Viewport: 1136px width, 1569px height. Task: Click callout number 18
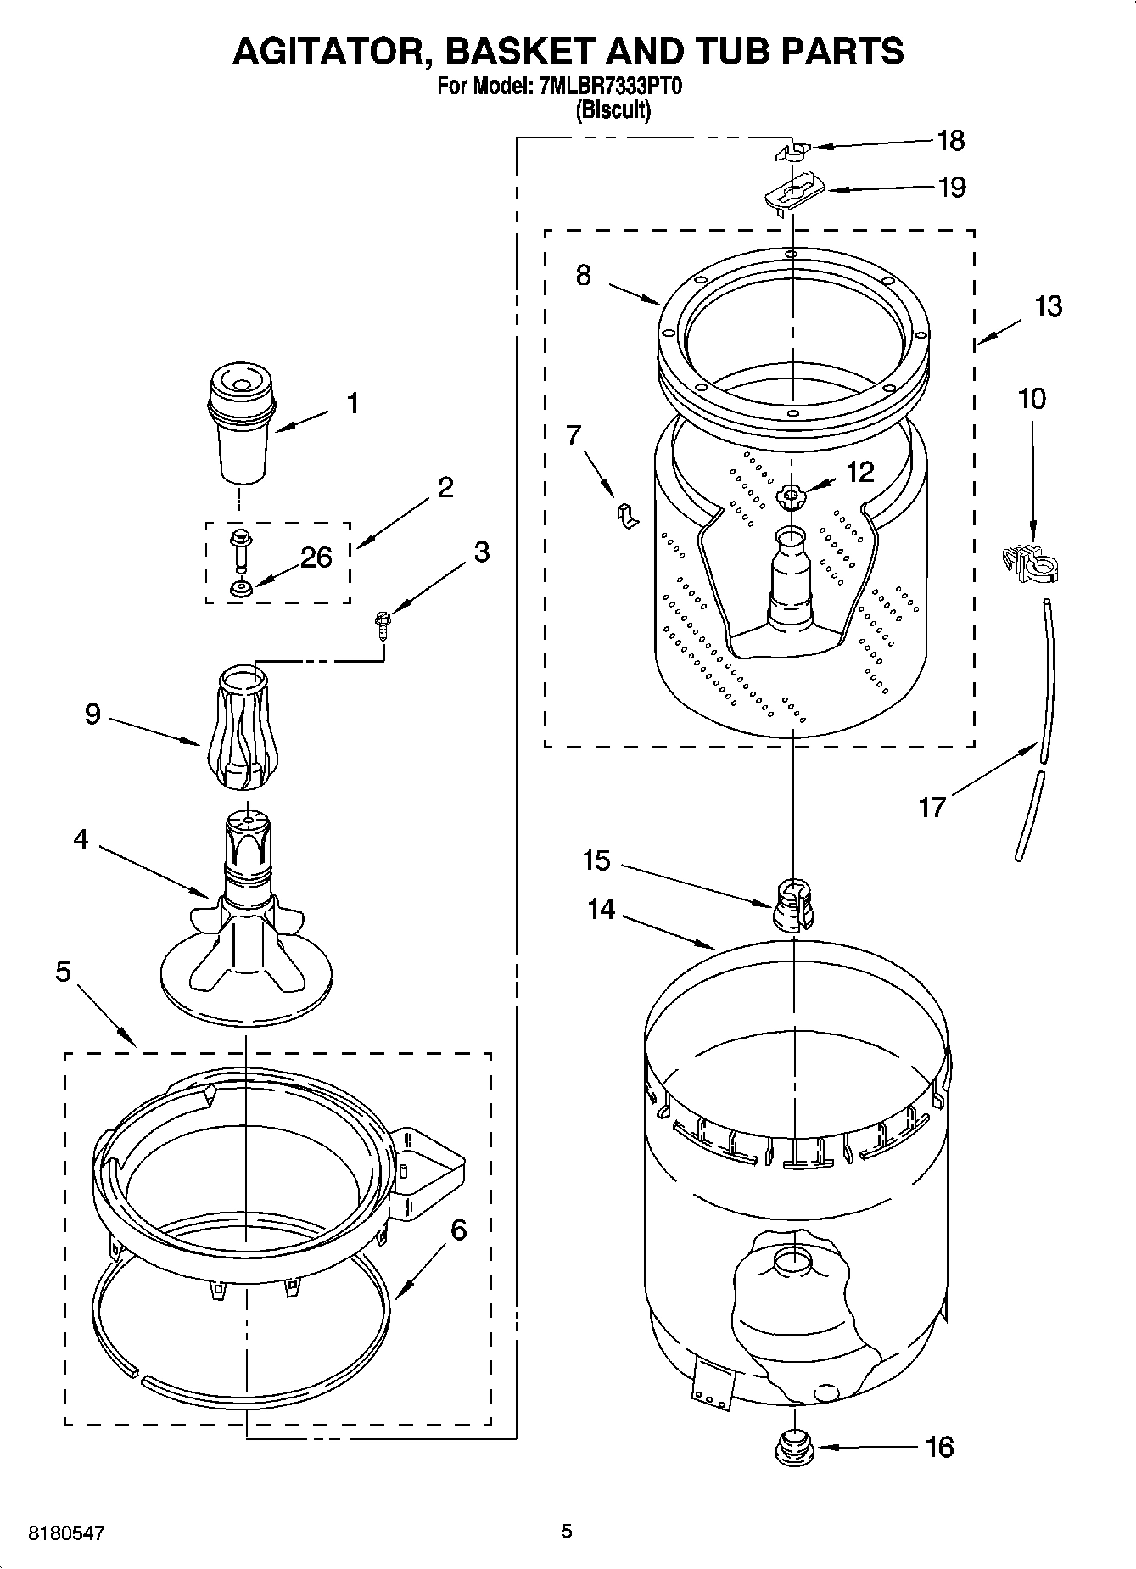951,141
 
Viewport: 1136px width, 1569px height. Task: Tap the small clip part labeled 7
626,514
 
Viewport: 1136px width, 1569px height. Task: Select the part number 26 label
316,558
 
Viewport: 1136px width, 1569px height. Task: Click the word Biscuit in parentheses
613,110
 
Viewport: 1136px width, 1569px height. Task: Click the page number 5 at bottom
567,1531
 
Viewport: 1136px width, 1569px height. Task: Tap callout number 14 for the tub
601,909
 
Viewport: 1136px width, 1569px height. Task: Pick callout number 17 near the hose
932,806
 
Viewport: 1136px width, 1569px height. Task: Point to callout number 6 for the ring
458,1229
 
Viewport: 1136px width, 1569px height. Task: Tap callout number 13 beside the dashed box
1049,306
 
